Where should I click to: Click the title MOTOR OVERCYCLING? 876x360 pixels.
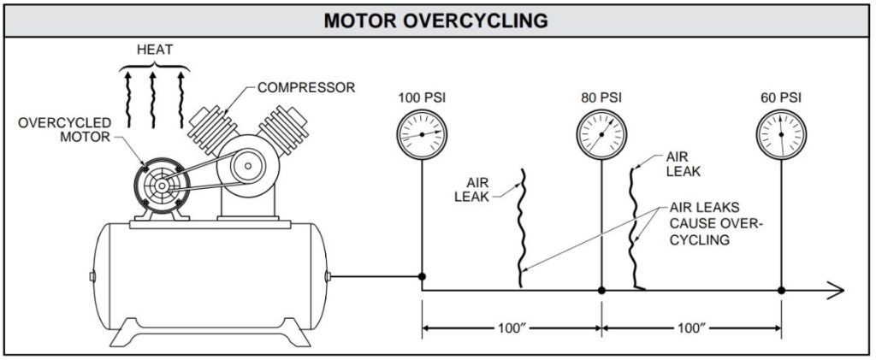tap(435, 20)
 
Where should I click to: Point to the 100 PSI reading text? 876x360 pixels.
tap(422, 97)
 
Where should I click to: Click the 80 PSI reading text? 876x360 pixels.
tap(601, 97)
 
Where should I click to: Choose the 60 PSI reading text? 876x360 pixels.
tap(780, 97)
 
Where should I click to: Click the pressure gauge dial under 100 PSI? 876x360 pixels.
tap(422, 135)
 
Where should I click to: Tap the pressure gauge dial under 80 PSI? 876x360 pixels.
tap(601, 135)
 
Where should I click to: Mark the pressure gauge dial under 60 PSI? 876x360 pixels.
tap(781, 135)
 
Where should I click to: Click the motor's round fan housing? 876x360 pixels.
tap(157, 183)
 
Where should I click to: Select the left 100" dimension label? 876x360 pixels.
tap(512, 328)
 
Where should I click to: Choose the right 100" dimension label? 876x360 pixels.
tap(691, 328)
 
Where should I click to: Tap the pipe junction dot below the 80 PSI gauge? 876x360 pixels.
tap(601, 291)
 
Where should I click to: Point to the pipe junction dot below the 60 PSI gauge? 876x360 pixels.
tap(781, 291)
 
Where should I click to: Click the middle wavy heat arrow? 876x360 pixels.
tap(154, 98)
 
